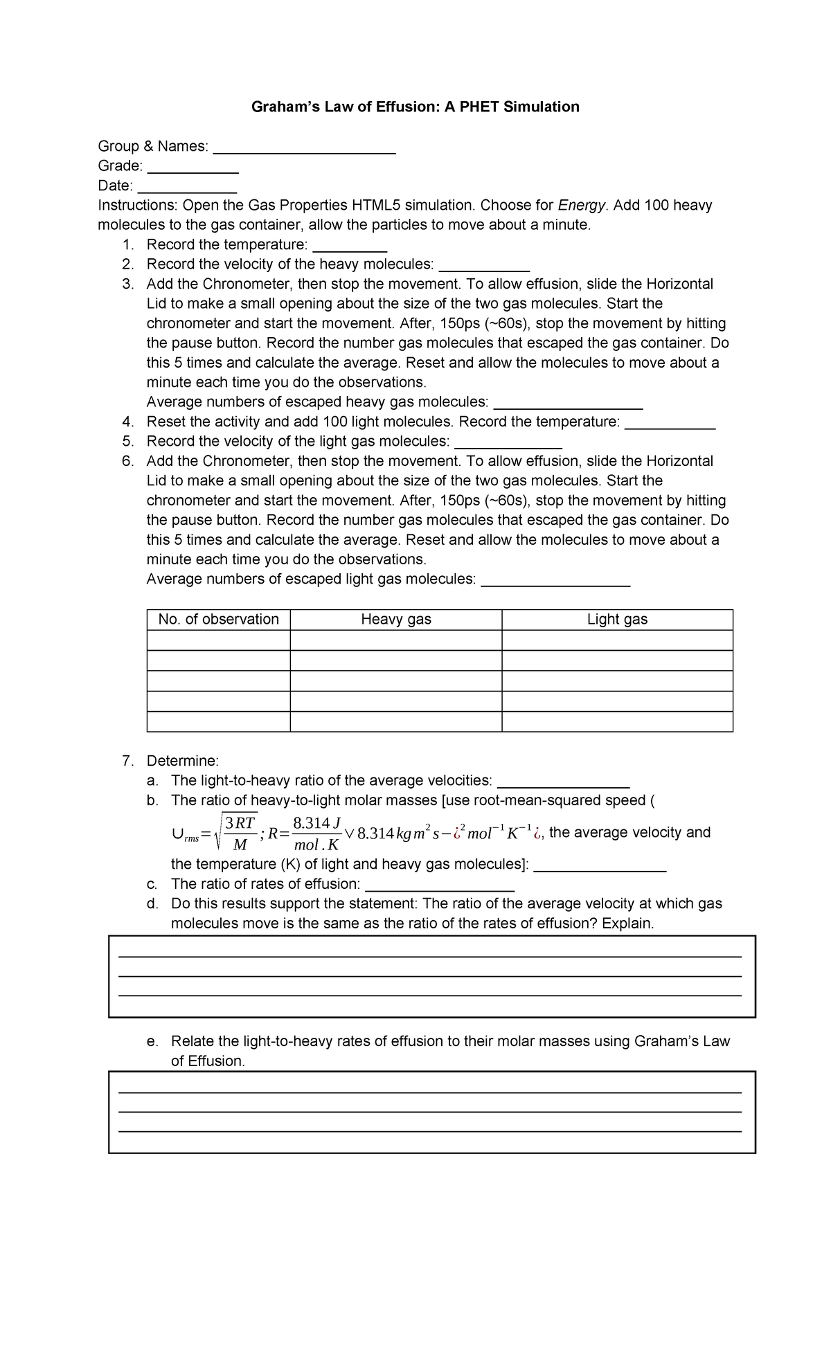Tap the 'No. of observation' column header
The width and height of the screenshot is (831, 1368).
218,620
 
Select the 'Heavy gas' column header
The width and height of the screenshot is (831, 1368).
396,620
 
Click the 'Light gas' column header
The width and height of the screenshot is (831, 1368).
617,620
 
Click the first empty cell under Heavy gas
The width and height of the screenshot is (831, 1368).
396,640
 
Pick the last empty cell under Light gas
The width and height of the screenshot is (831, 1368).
617,721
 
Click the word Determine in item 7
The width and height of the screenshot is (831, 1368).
182,761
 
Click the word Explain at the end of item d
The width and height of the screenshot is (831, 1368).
627,924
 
